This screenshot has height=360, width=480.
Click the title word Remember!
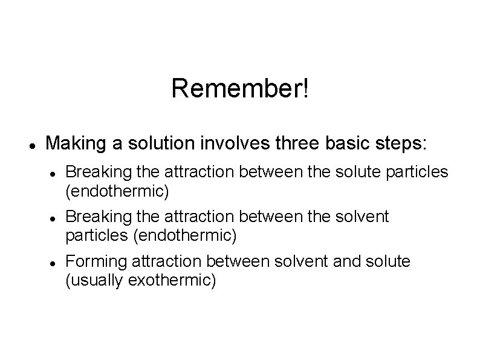pyautogui.click(x=240, y=88)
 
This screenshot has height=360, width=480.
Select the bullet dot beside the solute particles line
pyautogui.click(x=53, y=173)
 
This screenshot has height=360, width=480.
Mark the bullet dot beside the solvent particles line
pyautogui.click(x=53, y=217)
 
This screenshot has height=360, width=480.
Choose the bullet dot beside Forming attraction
pyautogui.click(x=53, y=262)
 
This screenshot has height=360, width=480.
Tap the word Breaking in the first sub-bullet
pyautogui.click(x=94, y=172)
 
